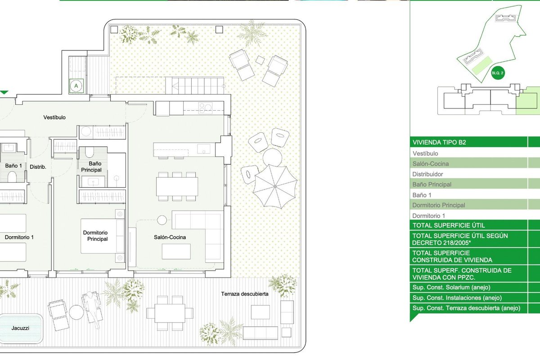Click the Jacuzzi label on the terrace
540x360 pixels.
pos(20,328)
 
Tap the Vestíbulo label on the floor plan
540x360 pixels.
pos(54,117)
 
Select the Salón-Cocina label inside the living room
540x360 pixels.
pos(170,237)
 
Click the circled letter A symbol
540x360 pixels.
pos(76,86)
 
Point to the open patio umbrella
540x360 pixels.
pos(275,186)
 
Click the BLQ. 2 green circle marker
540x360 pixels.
pos(498,73)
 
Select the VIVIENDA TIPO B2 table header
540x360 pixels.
pos(439,142)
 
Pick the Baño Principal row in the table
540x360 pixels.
pos(432,184)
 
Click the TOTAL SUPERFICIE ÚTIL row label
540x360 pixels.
pos(449,225)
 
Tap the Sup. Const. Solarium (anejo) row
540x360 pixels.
pos(451,288)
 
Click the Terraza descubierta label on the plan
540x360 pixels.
pos(245,294)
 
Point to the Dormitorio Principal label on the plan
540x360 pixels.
pos(95,236)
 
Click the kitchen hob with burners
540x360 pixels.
pos(205,108)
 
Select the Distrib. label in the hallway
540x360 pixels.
pos(38,167)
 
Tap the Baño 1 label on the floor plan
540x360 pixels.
pos(13,166)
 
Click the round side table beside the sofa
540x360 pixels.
pos(162,220)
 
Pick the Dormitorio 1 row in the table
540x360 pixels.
pos(428,216)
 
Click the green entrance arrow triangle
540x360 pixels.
pos(4,92)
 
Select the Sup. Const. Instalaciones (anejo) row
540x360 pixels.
pos(457,298)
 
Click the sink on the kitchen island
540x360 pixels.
pos(204,149)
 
